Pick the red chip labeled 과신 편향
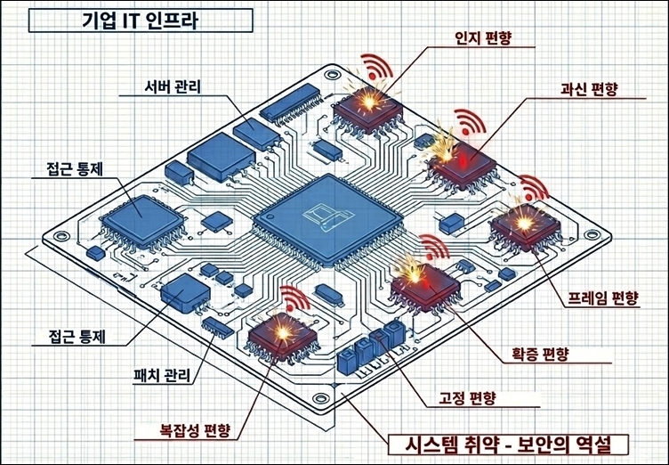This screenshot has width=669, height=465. pos(463,158)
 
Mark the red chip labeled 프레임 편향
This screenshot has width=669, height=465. pos(524,227)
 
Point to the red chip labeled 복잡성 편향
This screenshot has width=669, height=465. pos(282,336)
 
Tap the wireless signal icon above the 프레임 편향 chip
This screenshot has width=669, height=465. pos(534,188)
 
